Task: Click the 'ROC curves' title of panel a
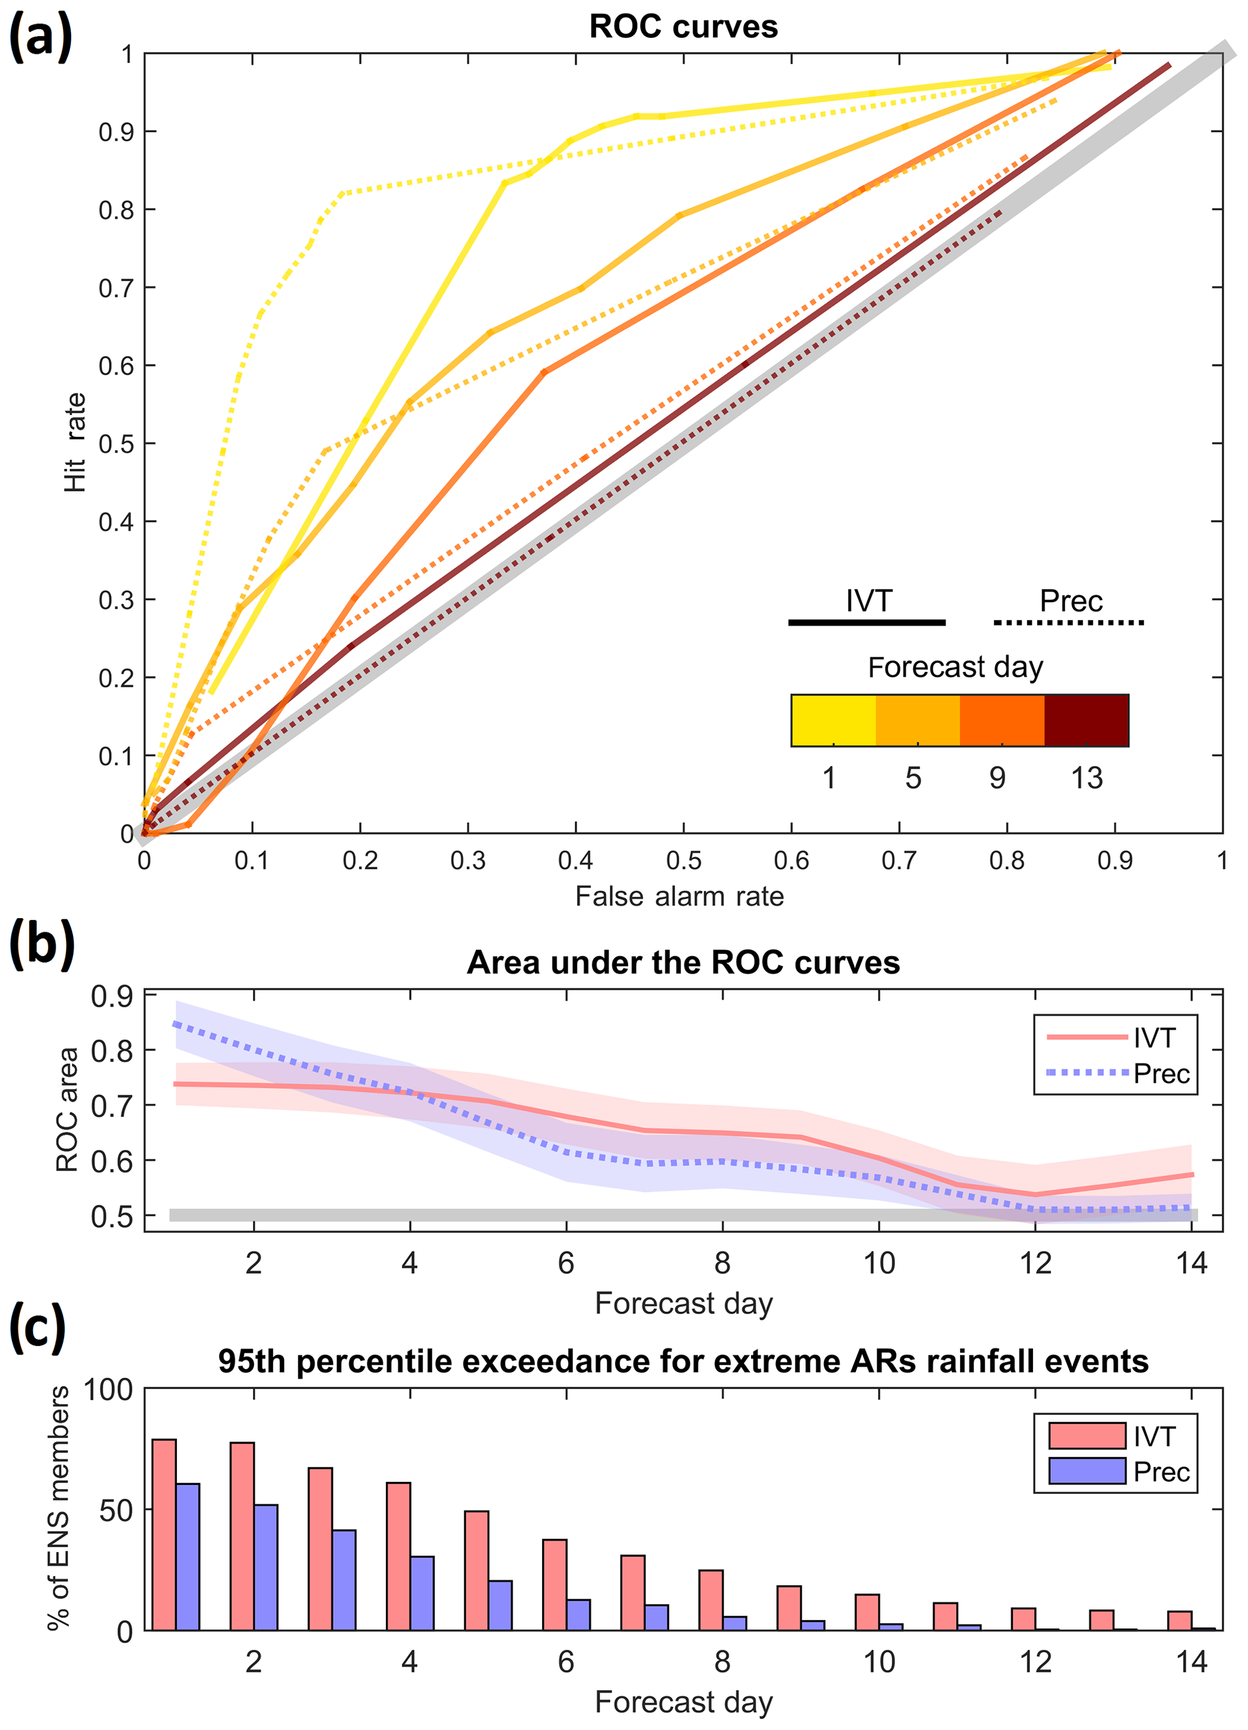click(x=683, y=27)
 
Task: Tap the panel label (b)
click(x=41, y=944)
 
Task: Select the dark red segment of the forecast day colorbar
click(x=1086, y=720)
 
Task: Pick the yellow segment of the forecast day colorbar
click(x=833, y=720)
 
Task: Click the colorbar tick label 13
click(x=1086, y=778)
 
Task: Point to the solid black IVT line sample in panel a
click(x=866, y=622)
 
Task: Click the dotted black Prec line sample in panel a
click(x=1068, y=622)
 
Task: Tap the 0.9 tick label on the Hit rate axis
click(x=116, y=132)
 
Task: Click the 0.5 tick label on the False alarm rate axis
click(x=683, y=860)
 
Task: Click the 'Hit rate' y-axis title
click(x=75, y=442)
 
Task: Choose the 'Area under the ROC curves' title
click(x=683, y=963)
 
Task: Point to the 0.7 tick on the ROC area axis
click(x=111, y=1105)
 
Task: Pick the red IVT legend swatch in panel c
click(x=1086, y=1435)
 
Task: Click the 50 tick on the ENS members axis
click(x=115, y=1510)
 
